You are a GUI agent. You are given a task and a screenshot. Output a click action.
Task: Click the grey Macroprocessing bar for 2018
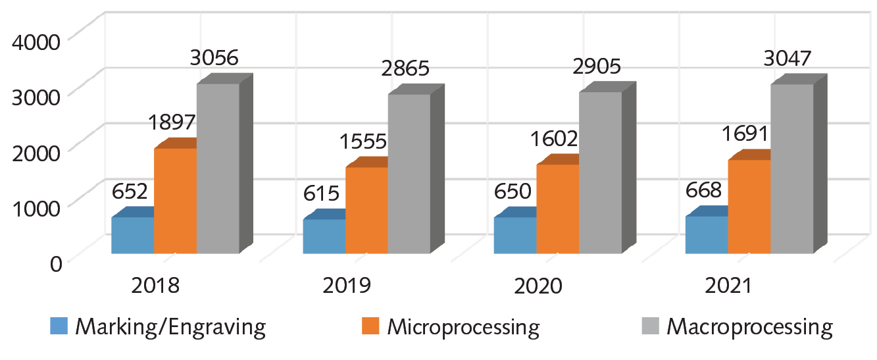(218, 168)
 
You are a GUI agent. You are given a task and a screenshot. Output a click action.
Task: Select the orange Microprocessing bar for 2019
(366, 210)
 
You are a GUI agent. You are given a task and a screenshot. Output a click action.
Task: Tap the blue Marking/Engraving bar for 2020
(515, 235)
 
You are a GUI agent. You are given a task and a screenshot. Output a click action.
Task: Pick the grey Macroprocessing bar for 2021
(792, 168)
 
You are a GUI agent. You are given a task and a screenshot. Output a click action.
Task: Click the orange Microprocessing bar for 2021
(749, 206)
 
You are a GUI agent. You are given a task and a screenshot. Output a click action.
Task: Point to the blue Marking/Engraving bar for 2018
(132, 235)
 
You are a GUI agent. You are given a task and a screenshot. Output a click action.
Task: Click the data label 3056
(213, 57)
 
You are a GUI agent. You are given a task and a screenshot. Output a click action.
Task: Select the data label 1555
(363, 141)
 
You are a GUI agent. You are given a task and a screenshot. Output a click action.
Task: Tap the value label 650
(511, 192)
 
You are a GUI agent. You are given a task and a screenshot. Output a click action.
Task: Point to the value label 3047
(788, 58)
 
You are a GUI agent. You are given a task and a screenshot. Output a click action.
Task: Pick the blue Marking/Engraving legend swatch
(59, 326)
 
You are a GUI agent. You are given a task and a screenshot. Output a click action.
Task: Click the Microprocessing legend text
(463, 326)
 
